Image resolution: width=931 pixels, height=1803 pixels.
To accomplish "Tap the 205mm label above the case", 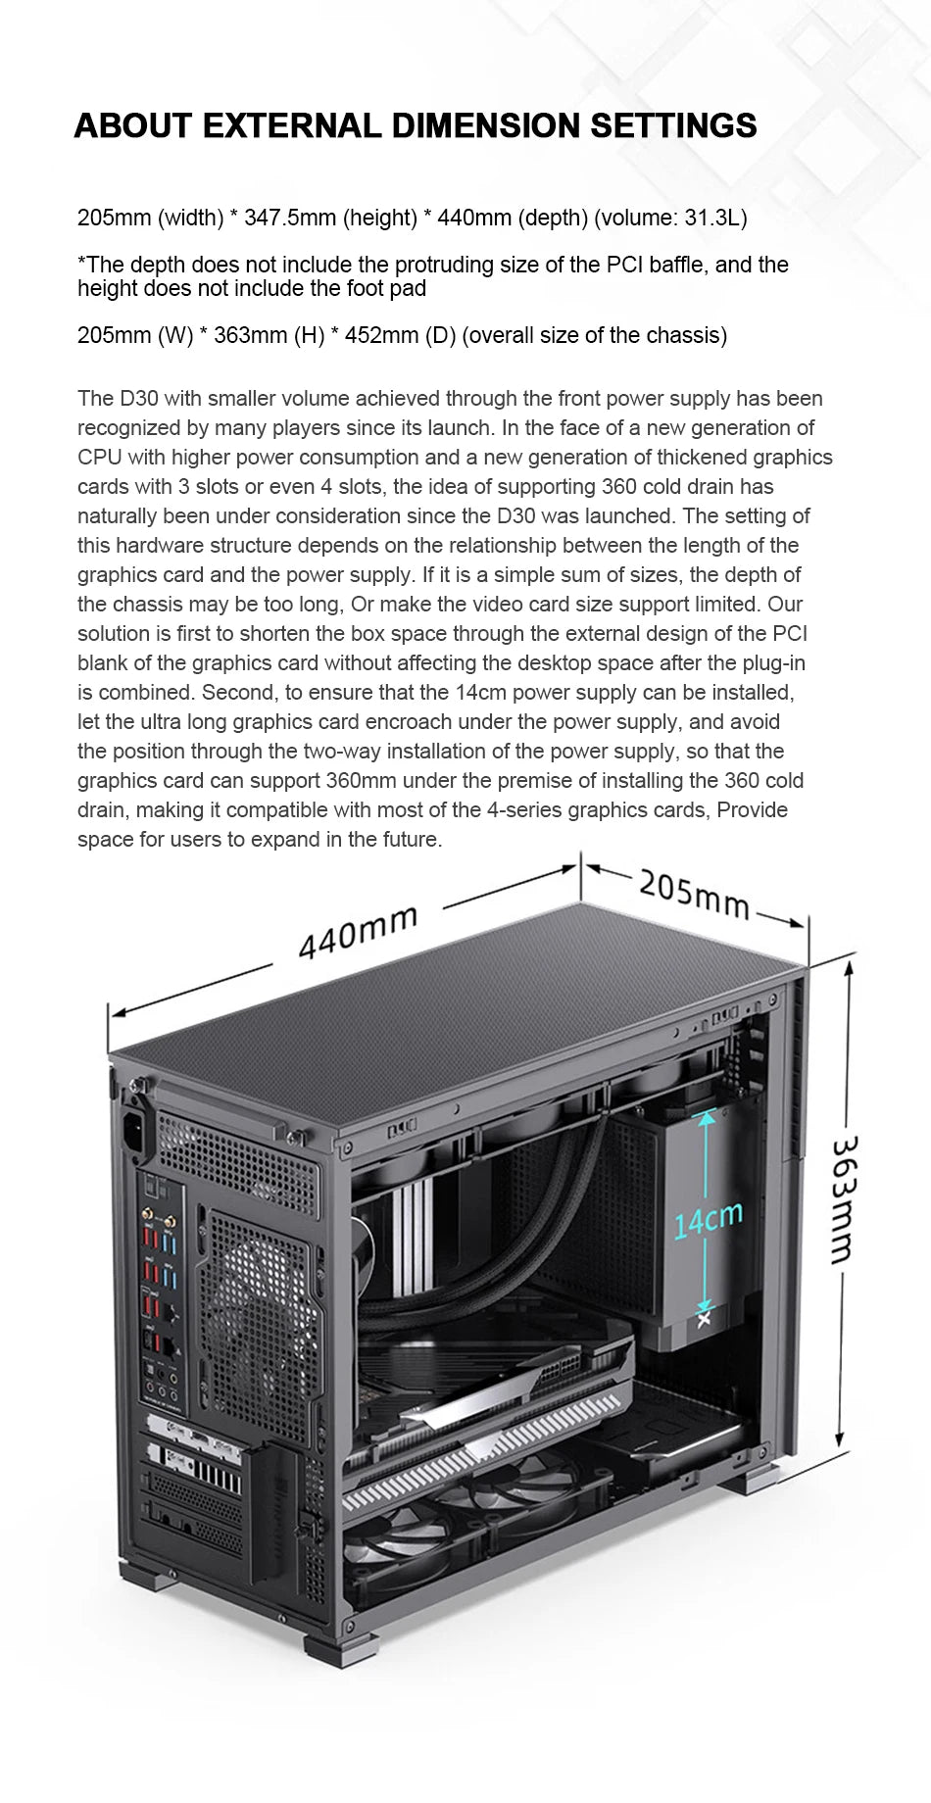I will coord(693,894).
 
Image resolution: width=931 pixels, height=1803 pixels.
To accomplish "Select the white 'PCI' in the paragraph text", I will coord(789,634).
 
